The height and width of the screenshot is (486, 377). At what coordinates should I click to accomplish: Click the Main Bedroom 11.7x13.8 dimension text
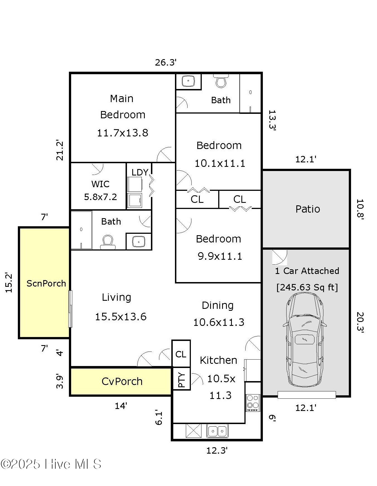click(123, 133)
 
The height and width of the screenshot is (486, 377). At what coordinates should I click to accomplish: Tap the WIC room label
click(100, 184)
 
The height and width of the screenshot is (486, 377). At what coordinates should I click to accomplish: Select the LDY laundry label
click(140, 172)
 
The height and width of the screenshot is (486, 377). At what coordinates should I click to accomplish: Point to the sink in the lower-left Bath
click(138, 242)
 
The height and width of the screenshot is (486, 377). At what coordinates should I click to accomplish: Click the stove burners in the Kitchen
click(253, 403)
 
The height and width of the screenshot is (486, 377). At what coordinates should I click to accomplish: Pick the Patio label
click(308, 209)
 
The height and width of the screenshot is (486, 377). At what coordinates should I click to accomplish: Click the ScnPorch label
click(46, 283)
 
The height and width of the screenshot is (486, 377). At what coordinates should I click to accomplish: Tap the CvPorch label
click(122, 381)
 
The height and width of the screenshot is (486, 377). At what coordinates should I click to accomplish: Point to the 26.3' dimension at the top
click(166, 62)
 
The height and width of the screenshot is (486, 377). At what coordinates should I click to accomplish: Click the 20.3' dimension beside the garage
click(360, 323)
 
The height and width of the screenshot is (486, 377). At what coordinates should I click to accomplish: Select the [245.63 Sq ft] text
click(307, 287)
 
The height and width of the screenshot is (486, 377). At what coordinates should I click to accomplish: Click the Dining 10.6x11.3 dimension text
click(219, 323)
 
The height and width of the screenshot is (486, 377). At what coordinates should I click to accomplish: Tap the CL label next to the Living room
click(181, 354)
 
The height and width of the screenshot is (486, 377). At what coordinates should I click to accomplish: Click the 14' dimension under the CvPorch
click(121, 406)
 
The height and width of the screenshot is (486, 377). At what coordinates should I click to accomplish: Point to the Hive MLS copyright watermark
click(51, 464)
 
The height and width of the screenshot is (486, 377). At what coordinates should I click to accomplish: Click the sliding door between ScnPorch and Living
click(70, 309)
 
